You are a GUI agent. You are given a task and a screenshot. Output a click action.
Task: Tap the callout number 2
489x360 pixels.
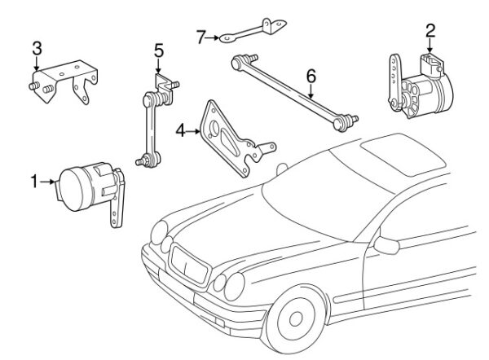(430, 31)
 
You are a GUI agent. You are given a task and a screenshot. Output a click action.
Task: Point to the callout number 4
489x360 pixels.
(179, 128)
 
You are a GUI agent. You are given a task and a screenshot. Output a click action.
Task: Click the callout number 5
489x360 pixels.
(159, 50)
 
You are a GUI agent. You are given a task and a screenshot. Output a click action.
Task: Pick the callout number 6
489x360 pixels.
(311, 77)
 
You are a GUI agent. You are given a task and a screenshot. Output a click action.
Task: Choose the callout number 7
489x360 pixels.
(200, 36)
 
